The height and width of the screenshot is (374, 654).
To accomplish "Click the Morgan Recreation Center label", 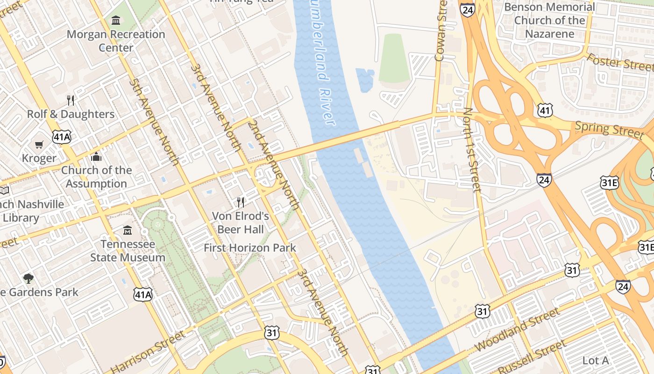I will [116, 41].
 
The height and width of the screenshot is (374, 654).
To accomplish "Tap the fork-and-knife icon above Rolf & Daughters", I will [71, 100].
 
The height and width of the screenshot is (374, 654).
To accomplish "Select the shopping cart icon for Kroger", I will [39, 144].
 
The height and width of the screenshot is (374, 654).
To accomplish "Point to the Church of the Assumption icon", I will [96, 157].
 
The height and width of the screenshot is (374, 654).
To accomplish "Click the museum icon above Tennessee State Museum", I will [127, 230].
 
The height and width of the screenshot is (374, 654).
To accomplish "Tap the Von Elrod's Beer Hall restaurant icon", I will [241, 202].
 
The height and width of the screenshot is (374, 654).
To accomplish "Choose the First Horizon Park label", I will [250, 248].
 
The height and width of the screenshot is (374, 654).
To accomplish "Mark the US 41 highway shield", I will [545, 110].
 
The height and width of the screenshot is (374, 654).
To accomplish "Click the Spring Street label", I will [609, 129].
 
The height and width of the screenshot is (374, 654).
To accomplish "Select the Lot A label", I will [596, 360].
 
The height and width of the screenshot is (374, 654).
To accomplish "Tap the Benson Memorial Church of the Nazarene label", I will [549, 20].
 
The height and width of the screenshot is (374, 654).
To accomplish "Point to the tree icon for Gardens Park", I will [28, 279].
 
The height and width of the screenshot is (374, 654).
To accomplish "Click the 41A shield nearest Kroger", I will [62, 137].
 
